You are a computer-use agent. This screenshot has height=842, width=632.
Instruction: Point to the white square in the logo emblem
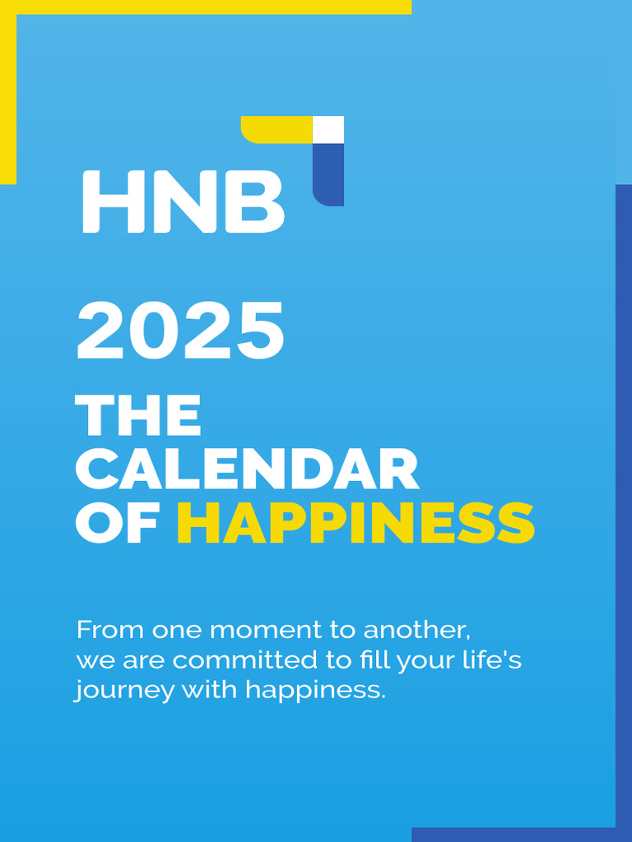point(328,129)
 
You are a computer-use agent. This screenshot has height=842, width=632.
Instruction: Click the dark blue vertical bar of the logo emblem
point(328,173)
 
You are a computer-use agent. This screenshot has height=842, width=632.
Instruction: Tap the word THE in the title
point(138,416)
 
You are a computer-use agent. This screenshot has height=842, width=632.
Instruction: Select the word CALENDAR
point(248,470)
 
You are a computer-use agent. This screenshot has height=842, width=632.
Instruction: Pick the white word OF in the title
point(116,523)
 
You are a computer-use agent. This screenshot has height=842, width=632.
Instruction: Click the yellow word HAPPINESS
point(355,523)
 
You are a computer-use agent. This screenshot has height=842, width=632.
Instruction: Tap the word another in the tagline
point(416,631)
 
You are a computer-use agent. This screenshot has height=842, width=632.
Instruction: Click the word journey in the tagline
point(124,691)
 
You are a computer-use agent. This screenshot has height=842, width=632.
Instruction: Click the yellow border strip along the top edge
point(206,7)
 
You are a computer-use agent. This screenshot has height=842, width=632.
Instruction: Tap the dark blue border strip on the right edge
point(624,493)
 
